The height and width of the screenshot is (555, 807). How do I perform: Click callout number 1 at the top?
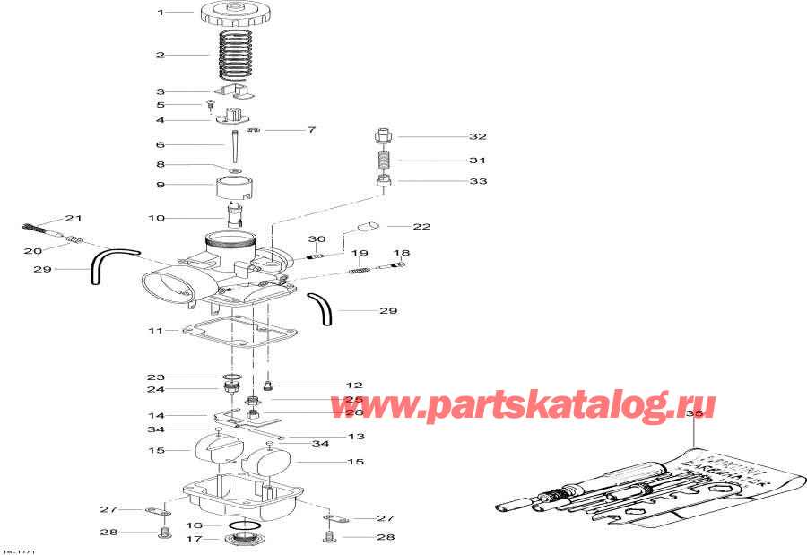click(161, 13)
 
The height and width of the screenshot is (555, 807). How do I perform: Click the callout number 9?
click(161, 185)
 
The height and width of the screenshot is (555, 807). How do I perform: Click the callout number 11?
click(156, 331)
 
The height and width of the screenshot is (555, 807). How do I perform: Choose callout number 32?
click(478, 136)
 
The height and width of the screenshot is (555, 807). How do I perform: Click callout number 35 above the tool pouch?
click(690, 415)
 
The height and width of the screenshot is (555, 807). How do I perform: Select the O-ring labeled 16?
click(244, 525)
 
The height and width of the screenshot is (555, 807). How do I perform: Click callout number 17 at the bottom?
click(193, 539)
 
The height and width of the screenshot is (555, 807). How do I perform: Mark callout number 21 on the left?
click(73, 219)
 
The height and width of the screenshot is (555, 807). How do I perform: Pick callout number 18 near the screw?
click(401, 253)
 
